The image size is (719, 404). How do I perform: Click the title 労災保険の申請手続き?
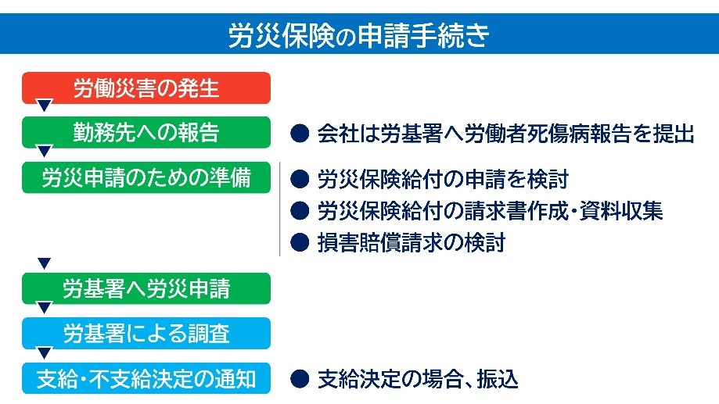359,35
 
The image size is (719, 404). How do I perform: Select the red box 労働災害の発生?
146,88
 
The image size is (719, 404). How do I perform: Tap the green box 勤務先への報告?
146,132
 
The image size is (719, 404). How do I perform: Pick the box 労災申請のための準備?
146,177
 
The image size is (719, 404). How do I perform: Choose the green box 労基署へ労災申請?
146,288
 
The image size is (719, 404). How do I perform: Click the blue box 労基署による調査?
146,333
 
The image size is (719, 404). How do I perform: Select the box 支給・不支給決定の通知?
146,378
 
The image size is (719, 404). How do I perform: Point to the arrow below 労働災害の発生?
45,105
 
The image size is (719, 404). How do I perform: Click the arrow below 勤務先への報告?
45,150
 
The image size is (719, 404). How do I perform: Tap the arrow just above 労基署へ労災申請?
45,263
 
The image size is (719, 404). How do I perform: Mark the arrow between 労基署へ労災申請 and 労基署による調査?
45,307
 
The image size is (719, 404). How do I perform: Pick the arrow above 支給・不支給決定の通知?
45,352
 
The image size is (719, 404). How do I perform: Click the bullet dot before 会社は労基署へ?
300,134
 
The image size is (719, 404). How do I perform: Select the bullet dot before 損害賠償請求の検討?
300,242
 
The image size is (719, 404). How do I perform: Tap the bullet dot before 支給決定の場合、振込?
300,379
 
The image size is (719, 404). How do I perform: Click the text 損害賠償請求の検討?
412,242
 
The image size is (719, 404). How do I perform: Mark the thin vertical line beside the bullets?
280,209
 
